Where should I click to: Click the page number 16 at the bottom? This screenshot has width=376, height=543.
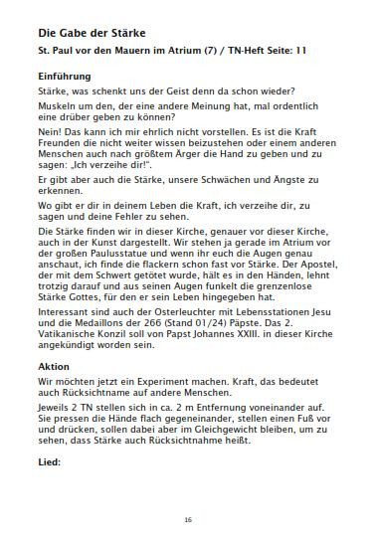188,519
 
